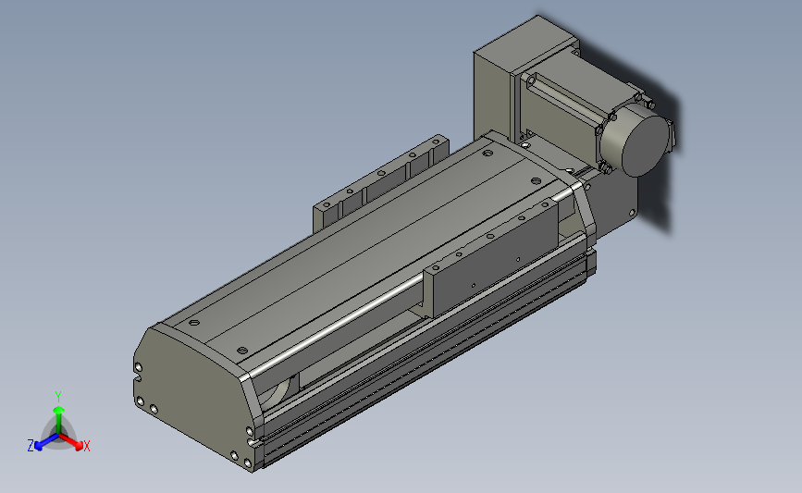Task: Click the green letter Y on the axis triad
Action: (x=58, y=397)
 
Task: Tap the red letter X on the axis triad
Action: (x=86, y=446)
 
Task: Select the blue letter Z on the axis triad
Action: (x=31, y=446)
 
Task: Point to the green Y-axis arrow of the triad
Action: (x=59, y=420)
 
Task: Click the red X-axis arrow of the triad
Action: (x=70, y=441)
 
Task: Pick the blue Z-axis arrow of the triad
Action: (x=47, y=441)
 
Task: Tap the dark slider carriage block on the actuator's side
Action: (x=494, y=258)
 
